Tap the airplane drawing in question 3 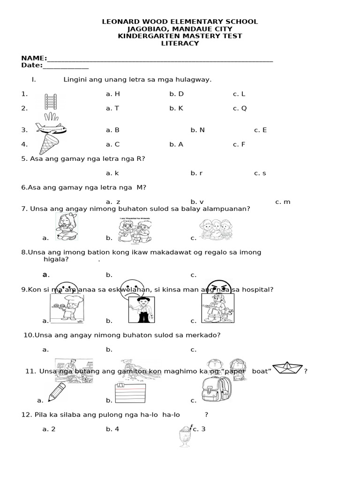50,128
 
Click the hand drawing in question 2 51,116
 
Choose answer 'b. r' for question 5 196,173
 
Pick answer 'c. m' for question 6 283,202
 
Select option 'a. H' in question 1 113,94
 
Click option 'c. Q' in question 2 240,108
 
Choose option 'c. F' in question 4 239,144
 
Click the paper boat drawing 287,368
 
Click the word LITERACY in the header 180,44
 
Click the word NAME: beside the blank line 34,58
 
